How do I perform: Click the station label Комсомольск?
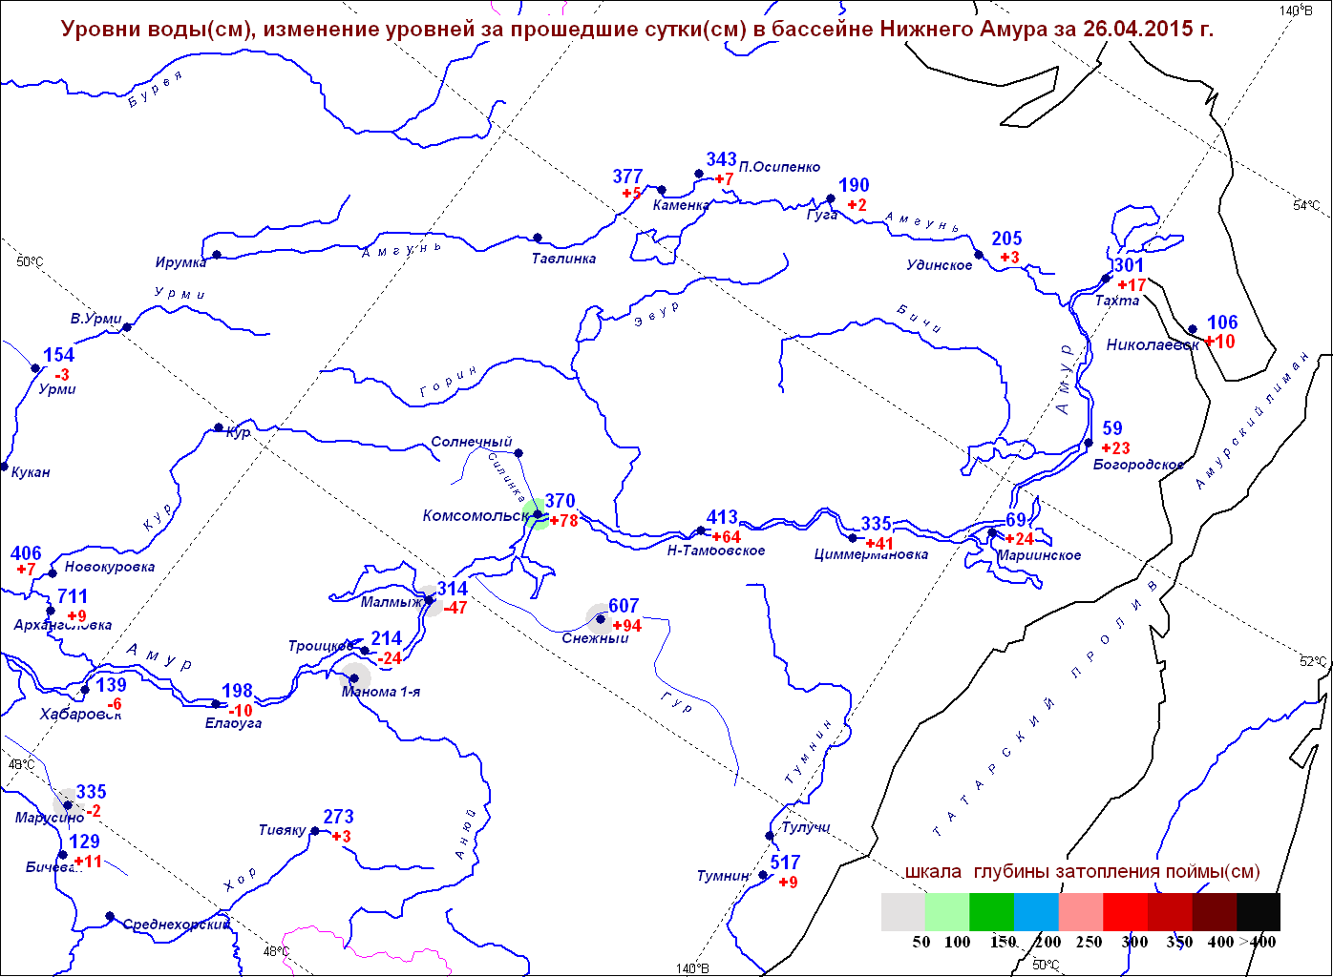coord(475,516)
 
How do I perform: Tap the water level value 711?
coord(73,597)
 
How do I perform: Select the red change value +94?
coord(627,626)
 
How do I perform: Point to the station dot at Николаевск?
coord(1193,330)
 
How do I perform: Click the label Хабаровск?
coord(80,715)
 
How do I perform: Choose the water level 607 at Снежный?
coord(624,606)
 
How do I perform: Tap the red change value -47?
coord(455,608)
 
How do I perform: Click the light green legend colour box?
coord(946,911)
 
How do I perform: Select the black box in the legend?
coord(1258,911)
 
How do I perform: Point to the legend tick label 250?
coord(1089,942)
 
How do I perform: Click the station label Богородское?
coord(1138,465)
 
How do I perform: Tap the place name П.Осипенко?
coord(779,167)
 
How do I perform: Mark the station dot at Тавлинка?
coord(538,238)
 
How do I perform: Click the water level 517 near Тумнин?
coord(785,863)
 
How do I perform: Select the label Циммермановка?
coord(871,554)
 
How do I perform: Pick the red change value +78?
coord(564,521)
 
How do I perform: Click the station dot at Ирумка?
coord(217,255)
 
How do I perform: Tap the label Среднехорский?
coord(176,925)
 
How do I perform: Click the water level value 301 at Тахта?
coord(1128,265)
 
